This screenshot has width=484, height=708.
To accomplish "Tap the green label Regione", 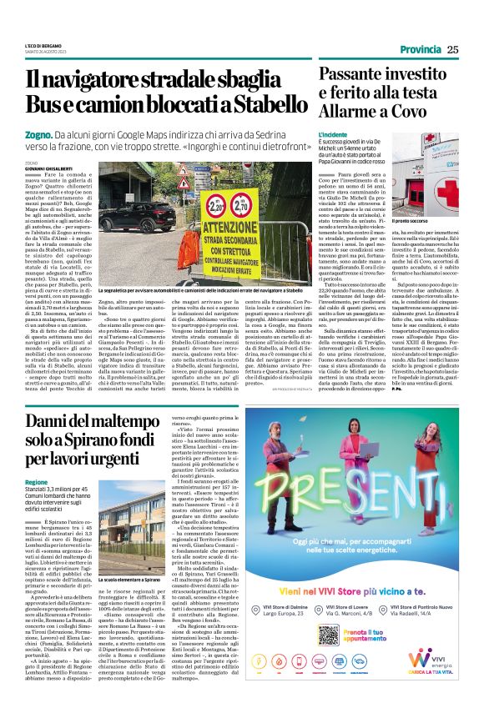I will (x=37, y=483).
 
